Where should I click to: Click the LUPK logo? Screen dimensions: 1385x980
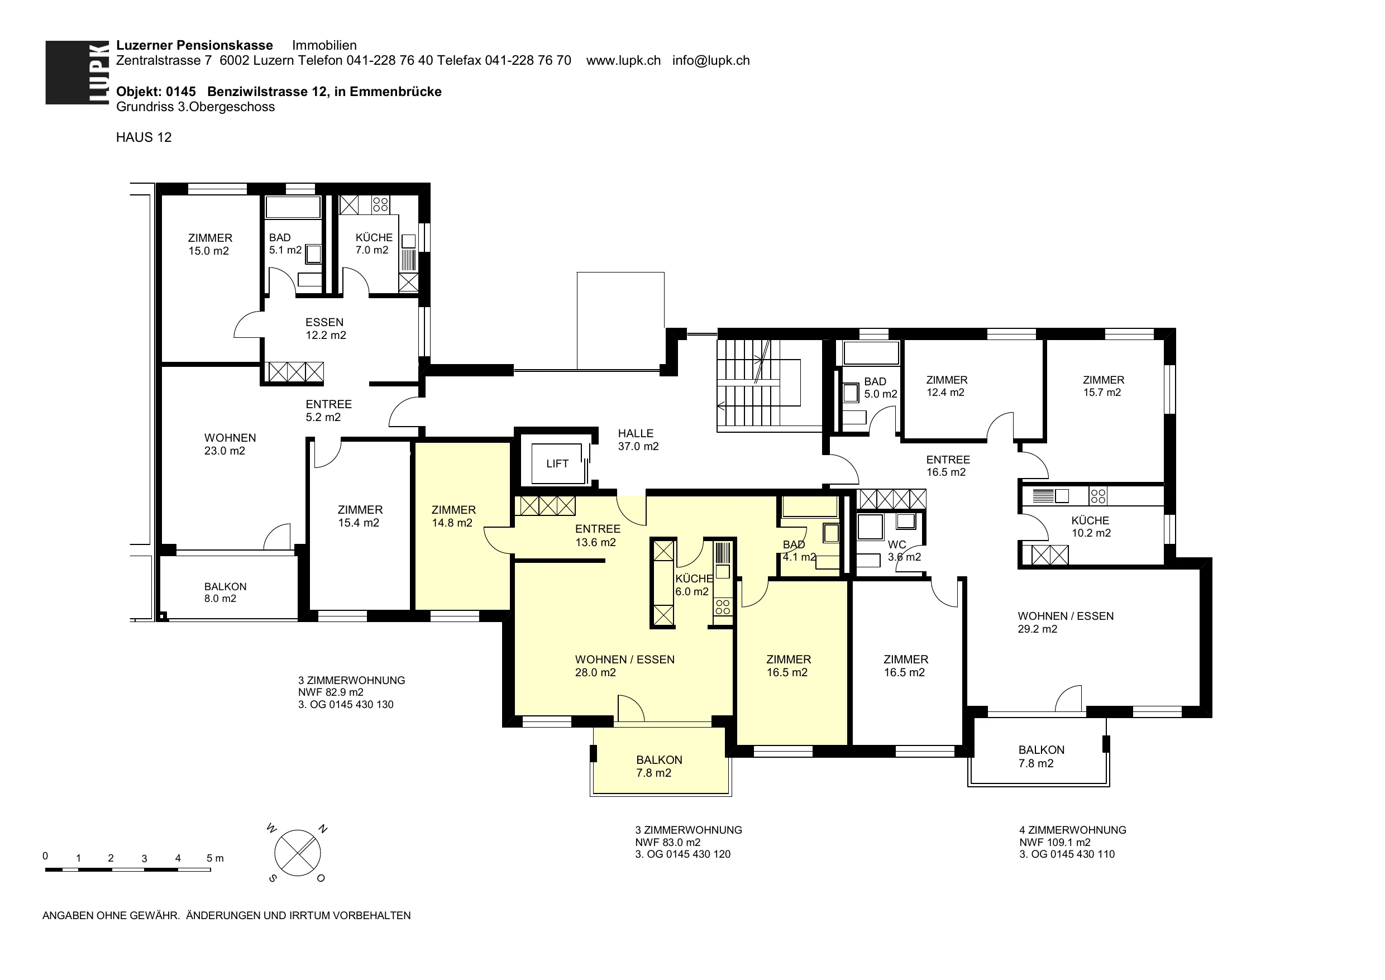click(x=77, y=73)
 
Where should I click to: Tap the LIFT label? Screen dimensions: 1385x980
click(x=557, y=463)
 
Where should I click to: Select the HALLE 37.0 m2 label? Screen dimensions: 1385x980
click(x=638, y=440)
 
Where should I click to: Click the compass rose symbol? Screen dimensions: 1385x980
click(x=298, y=853)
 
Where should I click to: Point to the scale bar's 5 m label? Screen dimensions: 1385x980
click(x=215, y=858)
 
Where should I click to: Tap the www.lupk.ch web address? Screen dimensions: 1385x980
click(x=623, y=60)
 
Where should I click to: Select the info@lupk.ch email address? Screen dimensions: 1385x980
click(x=711, y=60)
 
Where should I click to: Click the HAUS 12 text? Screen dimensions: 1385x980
click(x=144, y=137)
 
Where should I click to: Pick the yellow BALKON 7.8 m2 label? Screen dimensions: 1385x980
click(x=658, y=766)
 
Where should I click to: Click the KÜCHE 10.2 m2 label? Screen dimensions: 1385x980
click(x=1091, y=527)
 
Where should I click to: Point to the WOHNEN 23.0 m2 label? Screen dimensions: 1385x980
click(x=230, y=444)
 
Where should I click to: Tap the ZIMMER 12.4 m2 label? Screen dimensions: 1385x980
click(x=946, y=386)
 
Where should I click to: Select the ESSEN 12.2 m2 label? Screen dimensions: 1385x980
click(x=325, y=329)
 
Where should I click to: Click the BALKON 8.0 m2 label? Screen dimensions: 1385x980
click(x=225, y=592)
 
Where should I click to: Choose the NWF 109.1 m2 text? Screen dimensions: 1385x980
click(x=1055, y=843)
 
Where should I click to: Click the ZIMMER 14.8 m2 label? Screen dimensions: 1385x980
click(x=453, y=517)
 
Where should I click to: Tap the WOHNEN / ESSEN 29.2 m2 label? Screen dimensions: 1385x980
click(x=1065, y=622)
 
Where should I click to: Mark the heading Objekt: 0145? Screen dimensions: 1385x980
click(x=156, y=92)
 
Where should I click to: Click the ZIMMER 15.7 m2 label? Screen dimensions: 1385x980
click(x=1102, y=386)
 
